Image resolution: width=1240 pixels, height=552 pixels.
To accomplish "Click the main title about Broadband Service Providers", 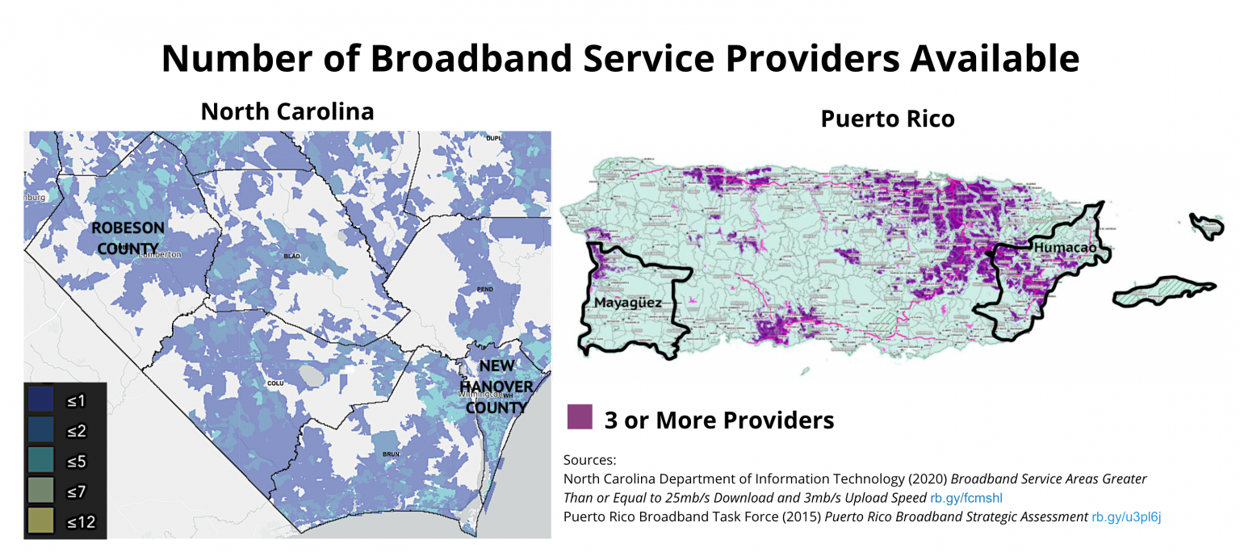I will pos(620,58).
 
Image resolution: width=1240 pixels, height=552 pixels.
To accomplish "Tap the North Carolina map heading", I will pos(287,111).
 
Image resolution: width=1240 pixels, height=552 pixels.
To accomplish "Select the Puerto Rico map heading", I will pos(887,119).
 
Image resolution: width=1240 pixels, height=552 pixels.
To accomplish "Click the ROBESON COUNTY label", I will pos(128,238).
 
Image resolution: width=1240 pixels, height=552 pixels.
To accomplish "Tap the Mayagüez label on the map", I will pos(627,303).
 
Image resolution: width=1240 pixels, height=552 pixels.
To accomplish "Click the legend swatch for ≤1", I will pos(40,399).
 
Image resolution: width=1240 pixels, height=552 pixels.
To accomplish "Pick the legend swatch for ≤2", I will pos(40,429).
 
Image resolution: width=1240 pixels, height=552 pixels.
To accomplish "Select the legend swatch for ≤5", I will pos(40,460).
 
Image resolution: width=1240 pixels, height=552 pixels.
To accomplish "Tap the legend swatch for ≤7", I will pos(40,491).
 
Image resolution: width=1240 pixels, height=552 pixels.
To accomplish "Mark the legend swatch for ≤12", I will pos(40,521).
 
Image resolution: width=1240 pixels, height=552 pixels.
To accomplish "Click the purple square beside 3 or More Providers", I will pos(580,416).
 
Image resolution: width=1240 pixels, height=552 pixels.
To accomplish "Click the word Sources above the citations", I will pos(589,460).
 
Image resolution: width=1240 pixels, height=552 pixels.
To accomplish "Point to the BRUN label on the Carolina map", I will pos(391,454).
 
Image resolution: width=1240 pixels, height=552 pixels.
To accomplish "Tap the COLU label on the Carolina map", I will pos(274,383).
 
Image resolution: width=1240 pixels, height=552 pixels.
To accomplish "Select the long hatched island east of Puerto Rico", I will pos(1162,292).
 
